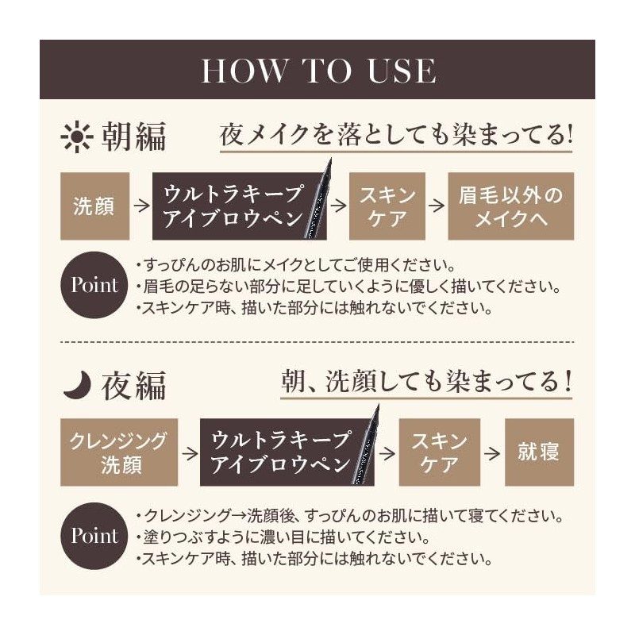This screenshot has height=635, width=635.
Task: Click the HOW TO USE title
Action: pyautogui.click(x=317, y=70)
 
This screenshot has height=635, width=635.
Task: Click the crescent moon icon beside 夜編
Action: pyautogui.click(x=77, y=386)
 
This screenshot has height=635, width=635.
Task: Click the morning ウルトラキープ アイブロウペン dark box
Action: pyautogui.click(x=234, y=206)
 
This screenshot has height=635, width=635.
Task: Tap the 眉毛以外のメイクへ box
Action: pyautogui.click(x=510, y=206)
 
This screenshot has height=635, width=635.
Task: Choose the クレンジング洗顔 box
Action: pyautogui.click(x=119, y=452)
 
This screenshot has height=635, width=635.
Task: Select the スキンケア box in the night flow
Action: pyautogui.click(x=439, y=452)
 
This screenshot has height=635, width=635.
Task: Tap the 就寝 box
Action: pyautogui.click(x=539, y=452)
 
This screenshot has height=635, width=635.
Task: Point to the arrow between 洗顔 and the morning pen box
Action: pyautogui.click(x=141, y=206)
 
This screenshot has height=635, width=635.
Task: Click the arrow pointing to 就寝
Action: pyautogui.click(x=493, y=452)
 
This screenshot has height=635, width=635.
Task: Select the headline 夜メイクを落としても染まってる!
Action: pyautogui.click(x=395, y=135)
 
